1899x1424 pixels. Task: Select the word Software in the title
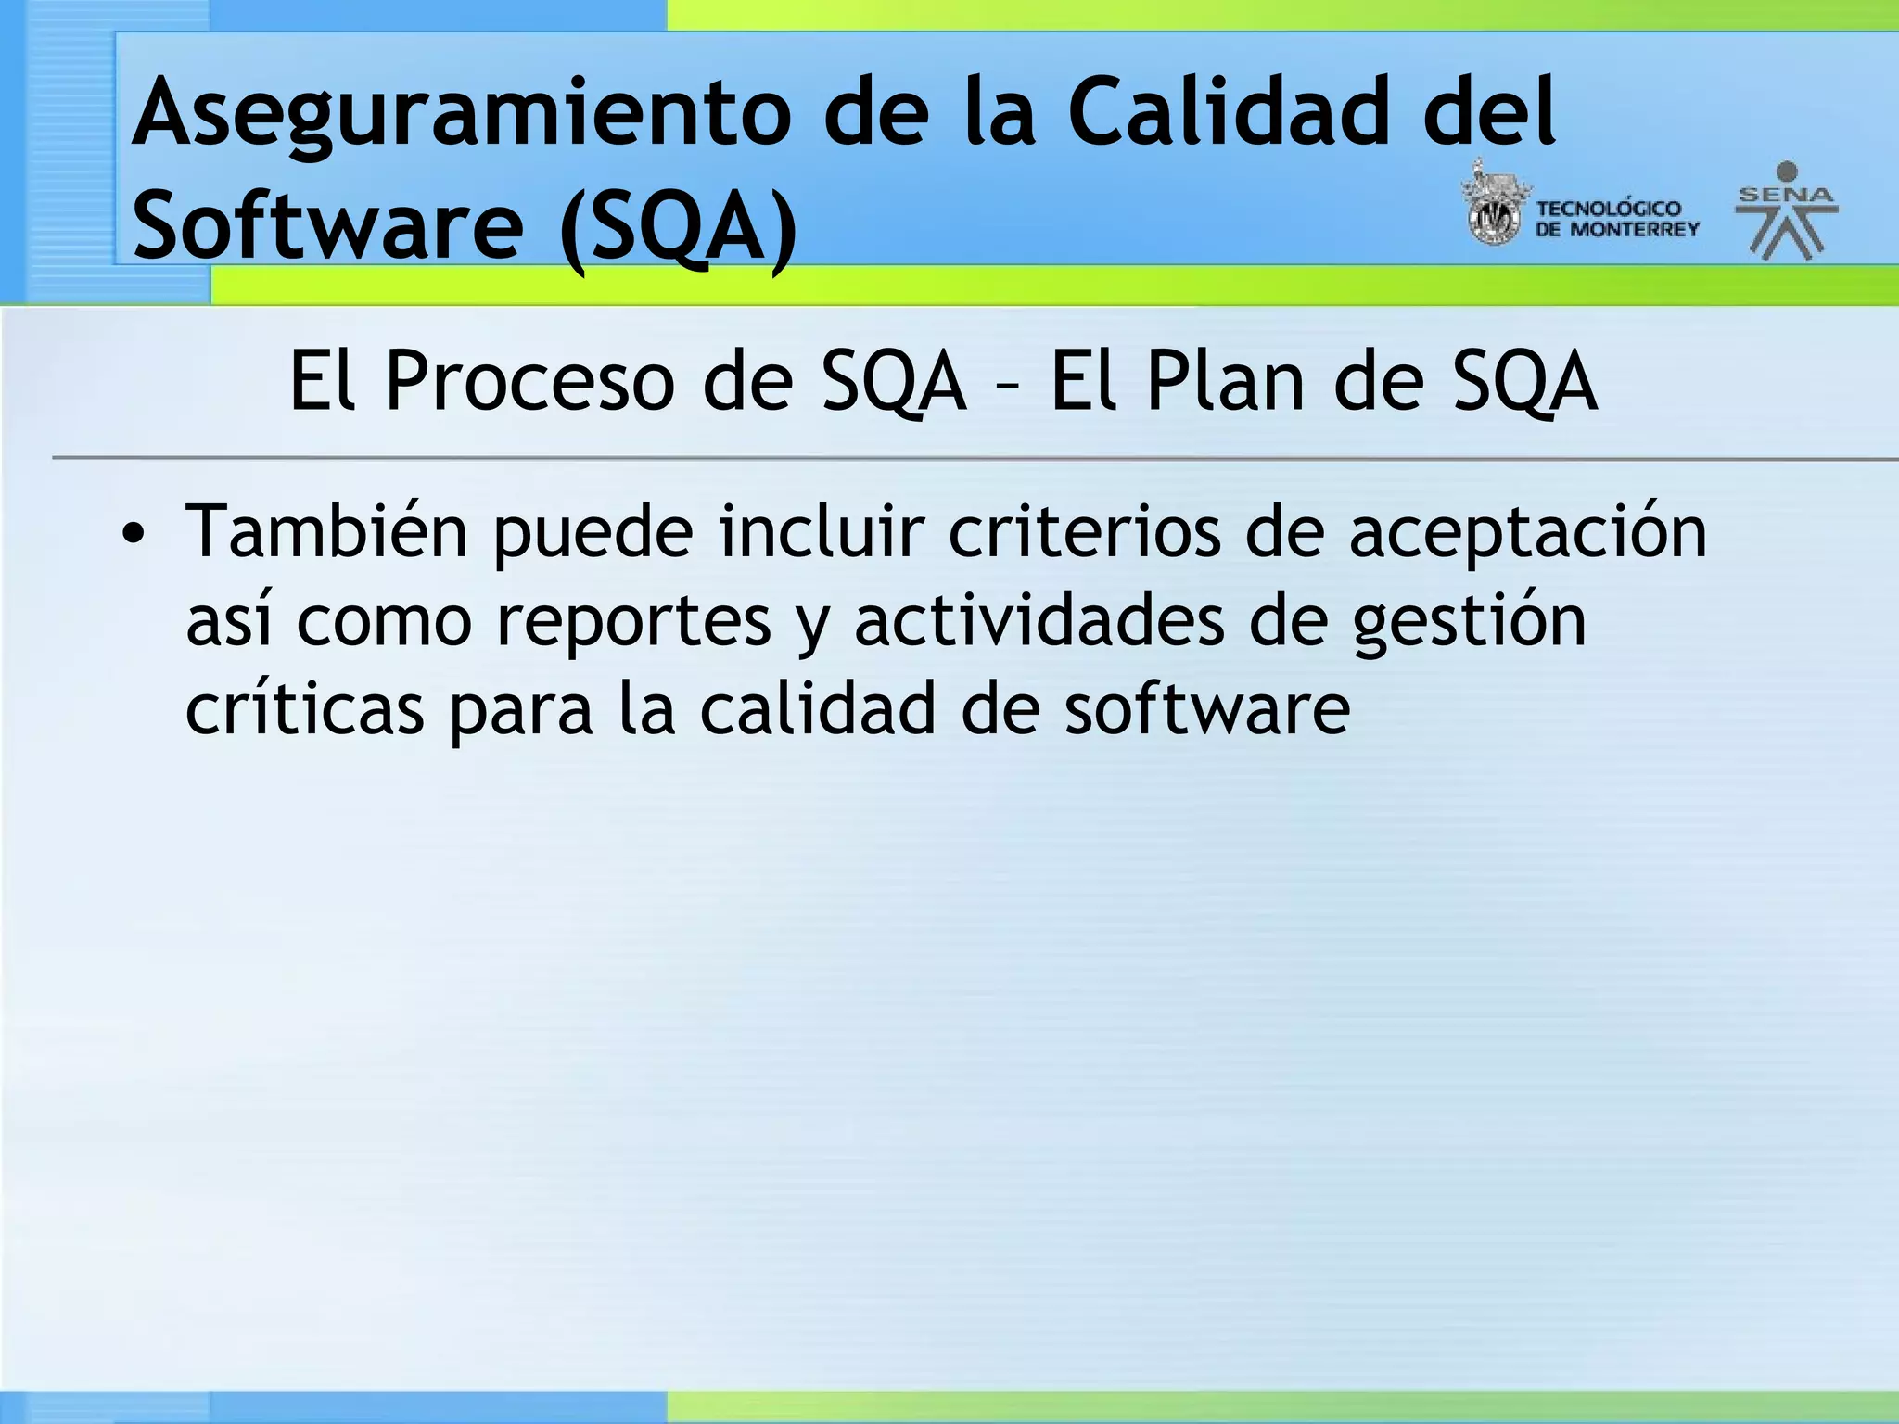coord(328,225)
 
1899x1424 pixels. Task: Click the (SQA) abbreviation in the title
coord(679,227)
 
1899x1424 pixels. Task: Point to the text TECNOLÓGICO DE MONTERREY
coord(1617,219)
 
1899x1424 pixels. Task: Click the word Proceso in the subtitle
coord(529,382)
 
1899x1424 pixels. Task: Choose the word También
coord(326,533)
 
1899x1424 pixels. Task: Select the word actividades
coord(1039,621)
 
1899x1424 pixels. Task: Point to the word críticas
coord(305,710)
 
